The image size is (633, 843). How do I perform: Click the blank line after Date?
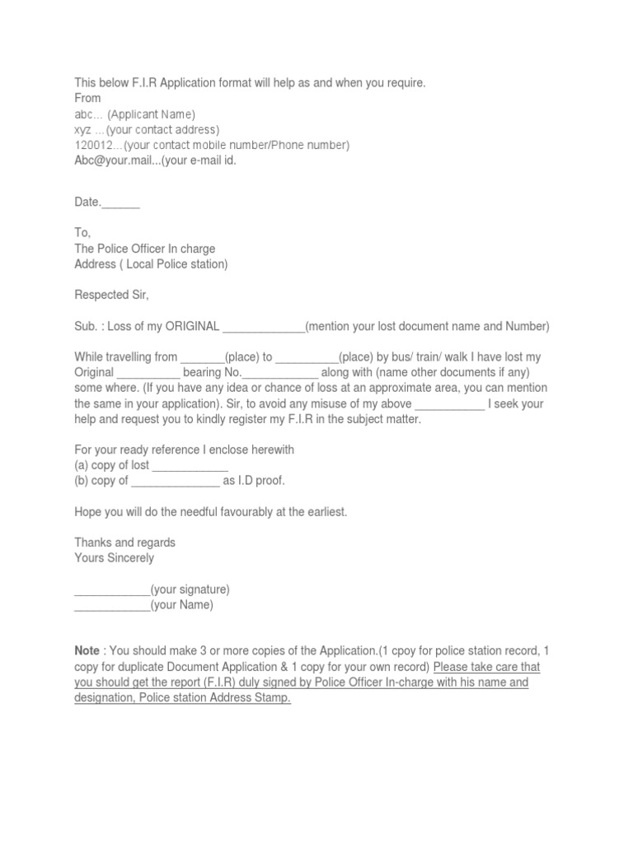pyautogui.click(x=121, y=203)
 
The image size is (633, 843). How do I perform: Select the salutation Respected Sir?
pyautogui.click(x=112, y=295)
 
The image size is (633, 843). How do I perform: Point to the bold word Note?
pyautogui.click(x=87, y=651)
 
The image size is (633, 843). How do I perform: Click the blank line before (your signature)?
pyautogui.click(x=112, y=589)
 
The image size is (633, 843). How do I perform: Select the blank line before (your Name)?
pyautogui.click(x=112, y=605)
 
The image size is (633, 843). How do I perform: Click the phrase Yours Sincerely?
pyautogui.click(x=114, y=558)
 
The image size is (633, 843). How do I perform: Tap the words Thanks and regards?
pyautogui.click(x=124, y=543)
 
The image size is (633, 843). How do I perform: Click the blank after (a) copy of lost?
pyautogui.click(x=190, y=466)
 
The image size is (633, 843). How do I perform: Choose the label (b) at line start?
pyautogui.click(x=82, y=481)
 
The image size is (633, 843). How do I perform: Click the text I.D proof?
pyautogui.click(x=260, y=481)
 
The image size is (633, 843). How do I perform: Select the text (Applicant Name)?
pyautogui.click(x=152, y=114)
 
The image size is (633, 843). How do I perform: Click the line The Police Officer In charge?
pyautogui.click(x=145, y=249)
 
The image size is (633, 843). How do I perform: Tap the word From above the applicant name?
pyautogui.click(x=88, y=98)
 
